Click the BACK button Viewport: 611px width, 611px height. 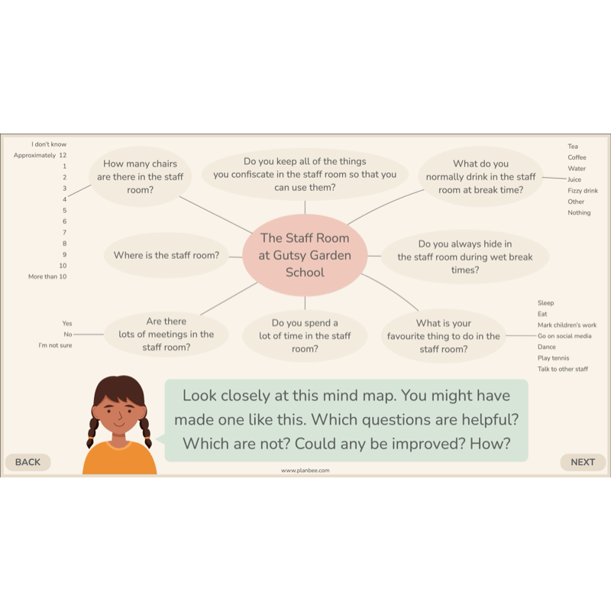[x=28, y=462]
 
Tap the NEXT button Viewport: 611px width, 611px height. [x=583, y=462]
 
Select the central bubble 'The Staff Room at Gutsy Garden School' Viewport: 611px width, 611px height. [x=305, y=255]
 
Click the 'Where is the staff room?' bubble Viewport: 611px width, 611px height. [x=166, y=255]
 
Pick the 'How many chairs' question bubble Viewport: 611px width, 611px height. [x=141, y=176]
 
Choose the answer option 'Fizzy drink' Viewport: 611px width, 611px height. [x=583, y=190]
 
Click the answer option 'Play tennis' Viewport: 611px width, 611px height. [x=553, y=357]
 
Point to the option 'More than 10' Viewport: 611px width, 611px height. [x=47, y=276]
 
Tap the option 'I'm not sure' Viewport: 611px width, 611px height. [x=55, y=345]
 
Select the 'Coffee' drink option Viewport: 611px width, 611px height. [x=577, y=157]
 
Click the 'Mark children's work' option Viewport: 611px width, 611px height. [x=567, y=325]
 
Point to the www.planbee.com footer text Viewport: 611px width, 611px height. [x=305, y=470]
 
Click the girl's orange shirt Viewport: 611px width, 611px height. [x=120, y=459]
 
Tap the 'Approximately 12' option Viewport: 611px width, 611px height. [x=40, y=155]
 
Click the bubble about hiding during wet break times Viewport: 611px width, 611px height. [x=465, y=257]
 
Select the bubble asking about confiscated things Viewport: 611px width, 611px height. [x=305, y=174]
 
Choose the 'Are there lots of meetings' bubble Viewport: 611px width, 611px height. [x=166, y=335]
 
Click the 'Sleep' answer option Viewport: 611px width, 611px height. [x=545, y=302]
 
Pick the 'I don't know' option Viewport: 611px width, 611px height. [x=49, y=144]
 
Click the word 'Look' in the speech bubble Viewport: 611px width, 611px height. [x=199, y=396]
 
